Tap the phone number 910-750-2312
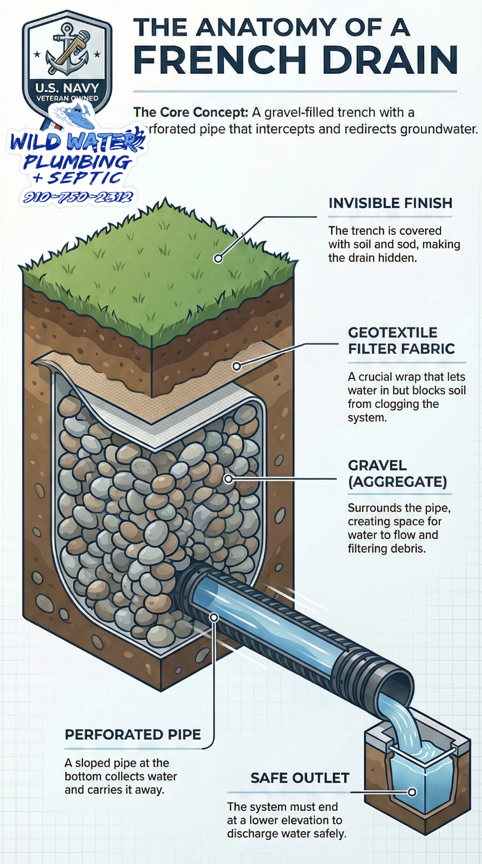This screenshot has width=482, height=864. [78, 197]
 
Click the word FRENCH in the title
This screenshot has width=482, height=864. [220, 59]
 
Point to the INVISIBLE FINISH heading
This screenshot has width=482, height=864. [390, 203]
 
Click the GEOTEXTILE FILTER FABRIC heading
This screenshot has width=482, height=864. [401, 341]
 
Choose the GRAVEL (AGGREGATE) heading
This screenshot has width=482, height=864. [397, 474]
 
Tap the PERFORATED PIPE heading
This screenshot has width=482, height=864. [133, 735]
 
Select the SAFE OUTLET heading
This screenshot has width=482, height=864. [300, 778]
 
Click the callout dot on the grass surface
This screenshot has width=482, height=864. [218, 259]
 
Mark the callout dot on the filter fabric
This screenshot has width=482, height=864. [236, 366]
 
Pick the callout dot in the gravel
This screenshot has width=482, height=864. [228, 478]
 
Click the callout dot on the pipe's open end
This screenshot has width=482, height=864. [214, 617]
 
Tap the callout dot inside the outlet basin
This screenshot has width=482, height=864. [412, 792]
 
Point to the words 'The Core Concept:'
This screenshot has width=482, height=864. [191, 113]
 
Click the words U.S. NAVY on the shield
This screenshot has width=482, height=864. [67, 88]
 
